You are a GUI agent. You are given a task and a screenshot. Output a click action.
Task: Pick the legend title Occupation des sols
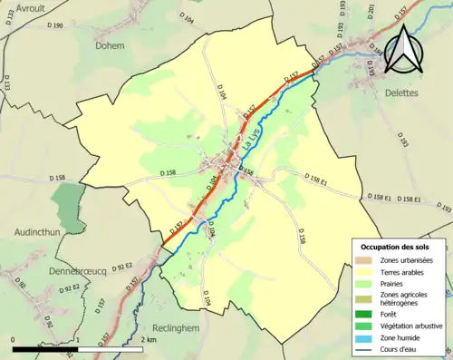click(396, 247)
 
